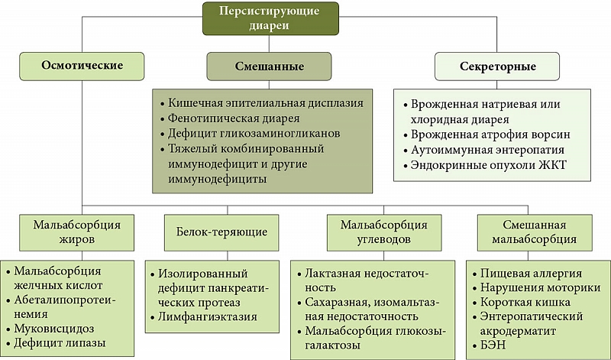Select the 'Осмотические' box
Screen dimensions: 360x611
coord(82,65)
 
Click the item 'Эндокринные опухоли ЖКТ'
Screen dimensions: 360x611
coord(483,166)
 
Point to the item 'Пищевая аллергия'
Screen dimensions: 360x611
coord(531,273)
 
